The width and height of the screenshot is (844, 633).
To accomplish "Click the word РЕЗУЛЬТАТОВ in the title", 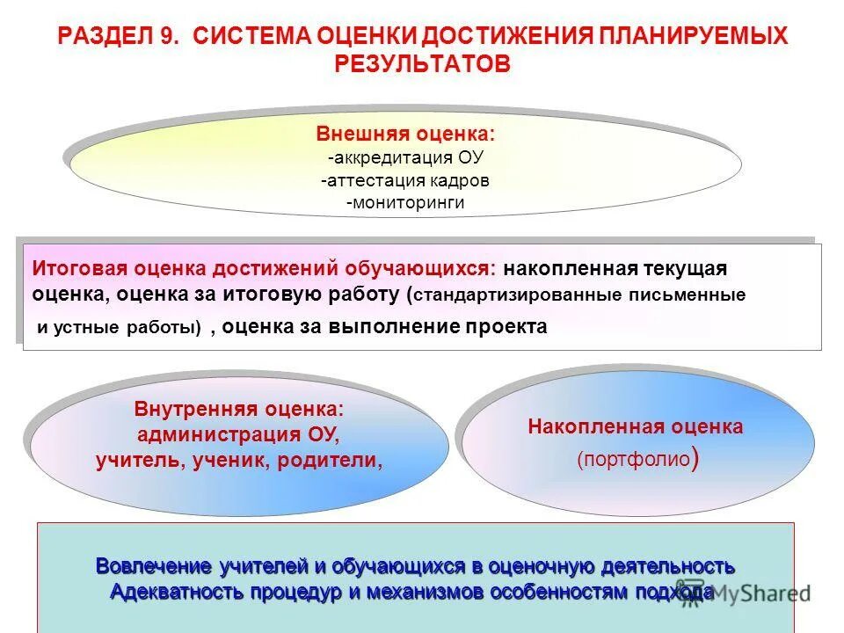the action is coord(421,64).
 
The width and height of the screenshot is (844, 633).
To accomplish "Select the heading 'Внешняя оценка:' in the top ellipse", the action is coord(405,135).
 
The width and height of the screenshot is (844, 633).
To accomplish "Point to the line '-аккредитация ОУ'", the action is coord(405,157).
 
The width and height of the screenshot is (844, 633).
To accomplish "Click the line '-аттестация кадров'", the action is coord(405,180).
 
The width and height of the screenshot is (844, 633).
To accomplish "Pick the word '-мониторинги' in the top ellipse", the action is coord(405,203).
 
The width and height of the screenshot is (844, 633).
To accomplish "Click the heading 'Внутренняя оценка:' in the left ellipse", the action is coord(238,410).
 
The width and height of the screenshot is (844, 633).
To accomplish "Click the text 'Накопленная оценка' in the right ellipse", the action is coord(636,427).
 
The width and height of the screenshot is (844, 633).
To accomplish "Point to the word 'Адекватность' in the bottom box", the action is coord(180,592).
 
